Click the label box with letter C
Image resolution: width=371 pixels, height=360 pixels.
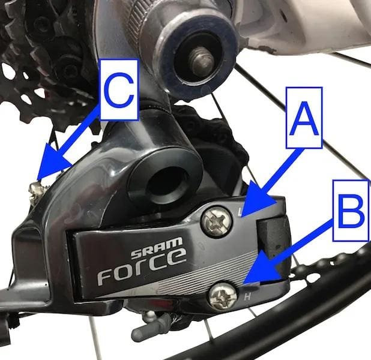[x=119, y=89]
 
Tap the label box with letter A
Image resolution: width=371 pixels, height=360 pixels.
[x=304, y=118]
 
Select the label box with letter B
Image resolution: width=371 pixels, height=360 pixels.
[x=351, y=211]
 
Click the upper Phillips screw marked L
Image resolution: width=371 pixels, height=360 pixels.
[x=216, y=221]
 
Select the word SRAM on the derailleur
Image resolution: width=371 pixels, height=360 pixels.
[x=157, y=248]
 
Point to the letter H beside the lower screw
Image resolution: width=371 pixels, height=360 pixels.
[x=247, y=296]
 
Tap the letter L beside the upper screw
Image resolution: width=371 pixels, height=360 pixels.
[x=240, y=212]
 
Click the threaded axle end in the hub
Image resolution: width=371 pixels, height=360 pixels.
[x=202, y=62]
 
